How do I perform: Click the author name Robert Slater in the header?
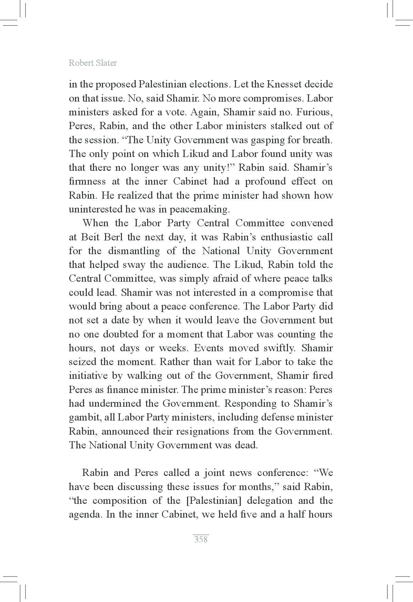point(93,63)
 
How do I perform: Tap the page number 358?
point(201,539)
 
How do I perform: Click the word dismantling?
point(134,251)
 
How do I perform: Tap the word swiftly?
point(279,348)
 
